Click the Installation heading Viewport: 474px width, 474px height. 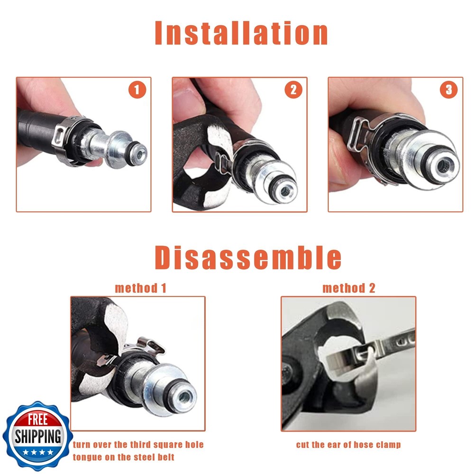tap(241, 33)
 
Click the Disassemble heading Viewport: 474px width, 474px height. tap(248, 257)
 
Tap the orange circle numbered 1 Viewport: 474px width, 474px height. tap(137, 90)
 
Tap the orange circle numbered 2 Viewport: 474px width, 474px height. tap(293, 90)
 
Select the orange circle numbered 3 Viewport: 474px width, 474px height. tap(448, 90)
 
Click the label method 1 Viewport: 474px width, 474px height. tap(141, 288)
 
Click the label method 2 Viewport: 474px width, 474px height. tap(349, 288)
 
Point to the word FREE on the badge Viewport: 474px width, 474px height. tap(38, 419)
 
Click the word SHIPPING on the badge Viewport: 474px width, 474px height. tap(38, 436)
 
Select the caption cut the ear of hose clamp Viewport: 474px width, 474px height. tap(348, 445)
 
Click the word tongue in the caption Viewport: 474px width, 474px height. tap(87, 457)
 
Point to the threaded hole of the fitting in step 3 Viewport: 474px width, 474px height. tap(443, 166)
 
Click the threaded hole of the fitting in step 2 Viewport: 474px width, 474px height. tap(285, 191)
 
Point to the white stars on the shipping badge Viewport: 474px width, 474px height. tap(38, 453)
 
